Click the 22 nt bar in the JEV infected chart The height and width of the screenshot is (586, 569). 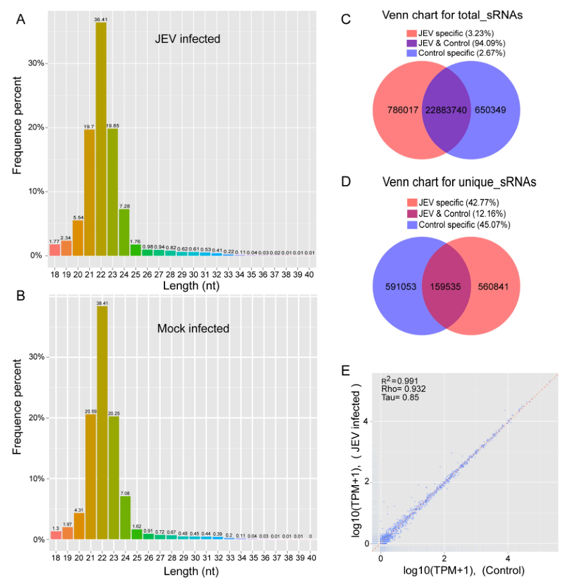[x=101, y=141]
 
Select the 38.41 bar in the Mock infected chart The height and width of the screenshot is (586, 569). [x=101, y=424]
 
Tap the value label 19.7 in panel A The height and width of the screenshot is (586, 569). [x=89, y=127]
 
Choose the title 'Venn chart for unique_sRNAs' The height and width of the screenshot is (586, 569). [x=459, y=182]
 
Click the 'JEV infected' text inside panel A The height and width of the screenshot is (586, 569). [x=188, y=39]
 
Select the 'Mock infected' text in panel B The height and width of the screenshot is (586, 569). [x=193, y=328]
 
